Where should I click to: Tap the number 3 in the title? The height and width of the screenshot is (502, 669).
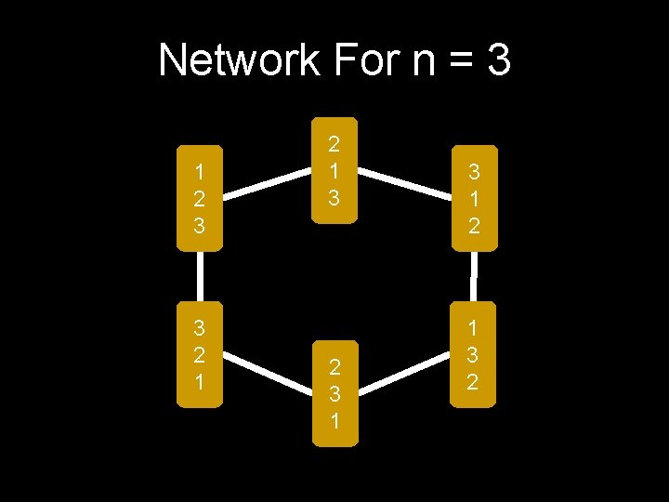click(497, 61)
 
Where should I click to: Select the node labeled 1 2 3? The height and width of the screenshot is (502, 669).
click(200, 198)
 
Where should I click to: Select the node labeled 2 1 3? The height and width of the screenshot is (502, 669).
click(334, 170)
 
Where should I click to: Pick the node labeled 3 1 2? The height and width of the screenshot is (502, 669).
click(474, 198)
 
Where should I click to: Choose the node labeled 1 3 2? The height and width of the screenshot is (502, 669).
click(472, 354)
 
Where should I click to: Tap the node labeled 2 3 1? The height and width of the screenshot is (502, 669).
click(334, 391)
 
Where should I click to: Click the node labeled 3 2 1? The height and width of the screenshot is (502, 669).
click(199, 354)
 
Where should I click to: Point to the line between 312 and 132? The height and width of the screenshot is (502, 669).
click(474, 276)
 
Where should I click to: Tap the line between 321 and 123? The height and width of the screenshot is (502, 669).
click(199, 276)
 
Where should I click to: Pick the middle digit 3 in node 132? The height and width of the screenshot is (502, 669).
click(472, 354)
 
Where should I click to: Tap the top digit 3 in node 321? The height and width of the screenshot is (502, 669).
click(199, 327)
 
